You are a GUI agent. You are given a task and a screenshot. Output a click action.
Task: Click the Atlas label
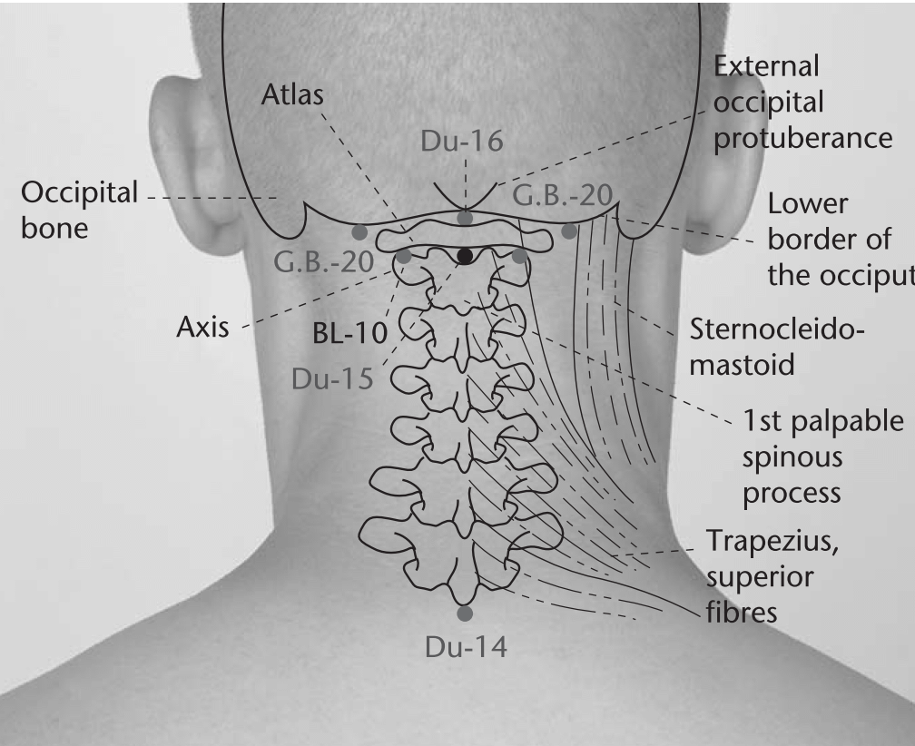click(x=291, y=94)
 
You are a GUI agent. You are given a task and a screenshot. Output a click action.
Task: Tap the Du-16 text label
click(x=461, y=142)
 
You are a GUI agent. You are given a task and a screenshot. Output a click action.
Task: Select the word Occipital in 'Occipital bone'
click(x=79, y=193)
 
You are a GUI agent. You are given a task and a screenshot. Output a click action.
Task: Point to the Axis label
click(x=202, y=328)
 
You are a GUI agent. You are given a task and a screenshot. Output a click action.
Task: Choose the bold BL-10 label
click(x=350, y=333)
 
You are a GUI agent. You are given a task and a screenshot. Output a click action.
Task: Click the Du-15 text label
click(x=332, y=379)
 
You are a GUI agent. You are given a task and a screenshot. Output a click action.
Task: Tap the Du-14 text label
click(x=466, y=647)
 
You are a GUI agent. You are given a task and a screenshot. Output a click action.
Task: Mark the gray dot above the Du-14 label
click(x=465, y=613)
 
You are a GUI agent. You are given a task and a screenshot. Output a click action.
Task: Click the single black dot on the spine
click(x=465, y=255)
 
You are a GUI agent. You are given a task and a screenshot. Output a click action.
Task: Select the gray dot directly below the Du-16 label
click(x=465, y=218)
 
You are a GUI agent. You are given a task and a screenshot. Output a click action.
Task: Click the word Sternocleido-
click(x=777, y=329)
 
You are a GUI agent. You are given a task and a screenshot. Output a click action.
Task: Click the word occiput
click(x=841, y=276)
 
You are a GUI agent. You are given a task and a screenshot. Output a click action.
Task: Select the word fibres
click(x=742, y=613)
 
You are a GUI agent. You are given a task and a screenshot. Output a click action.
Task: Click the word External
click(x=766, y=66)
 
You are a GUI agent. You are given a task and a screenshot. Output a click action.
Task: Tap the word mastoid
click(x=743, y=365)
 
